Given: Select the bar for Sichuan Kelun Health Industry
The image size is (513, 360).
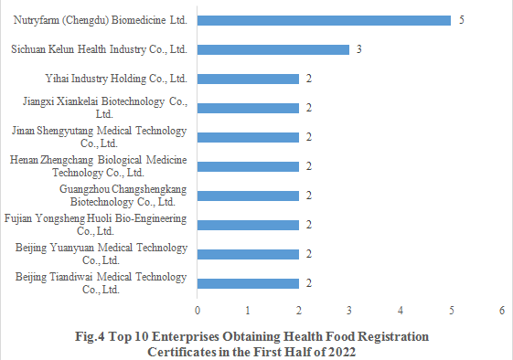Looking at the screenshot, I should [273, 49].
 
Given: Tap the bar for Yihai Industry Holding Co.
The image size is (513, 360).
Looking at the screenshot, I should [248, 79].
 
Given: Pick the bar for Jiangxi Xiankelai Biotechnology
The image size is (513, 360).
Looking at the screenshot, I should [248, 108].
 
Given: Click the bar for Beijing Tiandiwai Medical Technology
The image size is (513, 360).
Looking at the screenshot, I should [248, 283].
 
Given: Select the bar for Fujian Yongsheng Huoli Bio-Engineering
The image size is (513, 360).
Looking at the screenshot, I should [248, 225].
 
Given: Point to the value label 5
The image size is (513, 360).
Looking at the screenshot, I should [461, 20].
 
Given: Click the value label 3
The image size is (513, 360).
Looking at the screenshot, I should [359, 49].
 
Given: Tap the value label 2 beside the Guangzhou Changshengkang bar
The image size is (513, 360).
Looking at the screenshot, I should [309, 196].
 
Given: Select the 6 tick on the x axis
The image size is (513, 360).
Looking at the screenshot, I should [502, 311].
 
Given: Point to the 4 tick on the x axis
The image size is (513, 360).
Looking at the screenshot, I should [401, 311].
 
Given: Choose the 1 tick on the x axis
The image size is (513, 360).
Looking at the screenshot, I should [248, 311].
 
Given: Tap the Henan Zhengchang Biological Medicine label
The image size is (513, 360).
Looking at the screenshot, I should [98, 165].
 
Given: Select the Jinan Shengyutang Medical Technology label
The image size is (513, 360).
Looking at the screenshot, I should [99, 136].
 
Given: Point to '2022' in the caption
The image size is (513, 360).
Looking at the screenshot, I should [338, 352].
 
